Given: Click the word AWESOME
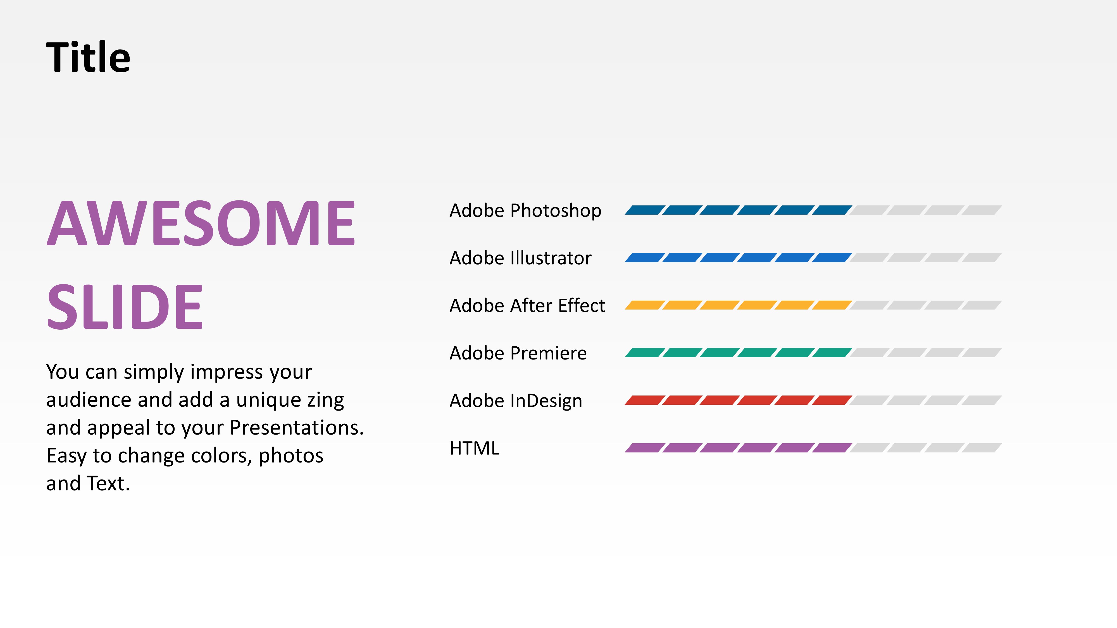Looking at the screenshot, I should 201,224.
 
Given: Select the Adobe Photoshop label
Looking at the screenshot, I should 525,211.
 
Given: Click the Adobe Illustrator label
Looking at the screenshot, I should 520,258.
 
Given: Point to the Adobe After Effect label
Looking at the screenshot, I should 527,306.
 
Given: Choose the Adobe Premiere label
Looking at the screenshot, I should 518,353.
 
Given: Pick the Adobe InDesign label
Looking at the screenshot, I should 516,401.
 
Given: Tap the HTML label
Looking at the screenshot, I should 474,449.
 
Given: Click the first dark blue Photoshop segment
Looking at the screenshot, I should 644,210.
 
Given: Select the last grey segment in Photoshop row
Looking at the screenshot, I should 982,210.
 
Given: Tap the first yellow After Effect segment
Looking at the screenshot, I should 644,305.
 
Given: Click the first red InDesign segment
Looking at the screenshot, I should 644,400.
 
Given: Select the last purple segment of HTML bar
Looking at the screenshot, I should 832,448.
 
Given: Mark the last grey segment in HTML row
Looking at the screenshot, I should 982,448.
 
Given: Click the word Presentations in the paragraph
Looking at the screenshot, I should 296,428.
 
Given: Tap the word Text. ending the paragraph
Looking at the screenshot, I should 108,484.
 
